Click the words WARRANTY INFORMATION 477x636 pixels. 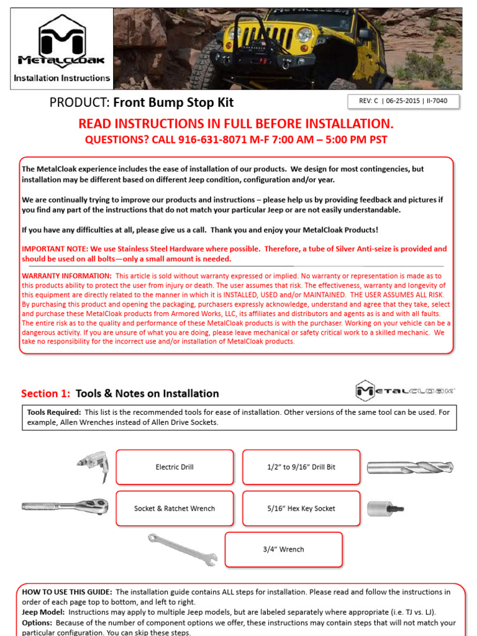(x=67, y=276)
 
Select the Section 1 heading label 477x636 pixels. (x=45, y=393)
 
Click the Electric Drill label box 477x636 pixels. (x=175, y=467)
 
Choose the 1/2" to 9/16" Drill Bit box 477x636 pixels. (x=301, y=467)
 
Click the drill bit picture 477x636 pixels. (x=410, y=467)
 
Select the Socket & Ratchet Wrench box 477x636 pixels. (x=175, y=508)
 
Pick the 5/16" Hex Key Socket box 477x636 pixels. (x=301, y=508)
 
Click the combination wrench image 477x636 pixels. (x=182, y=549)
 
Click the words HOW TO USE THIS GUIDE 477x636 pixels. (x=67, y=592)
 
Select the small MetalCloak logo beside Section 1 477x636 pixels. (x=405, y=391)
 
